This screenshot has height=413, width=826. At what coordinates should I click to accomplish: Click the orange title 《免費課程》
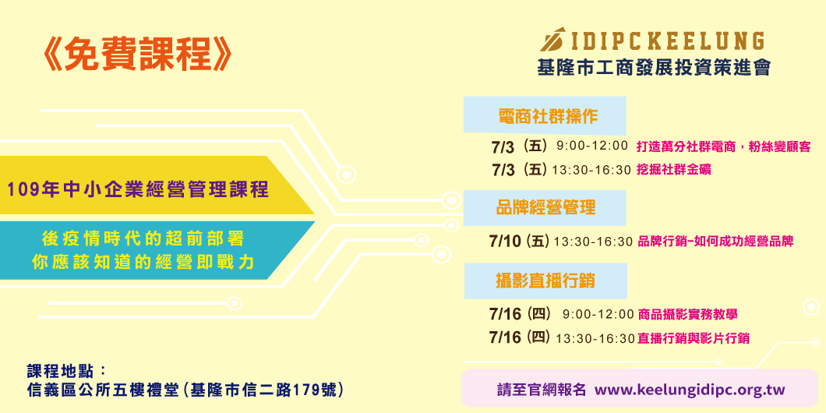(x=138, y=56)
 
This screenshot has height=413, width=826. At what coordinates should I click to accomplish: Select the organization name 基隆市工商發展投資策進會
(x=653, y=68)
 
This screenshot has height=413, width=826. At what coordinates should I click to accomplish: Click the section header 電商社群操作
(x=547, y=117)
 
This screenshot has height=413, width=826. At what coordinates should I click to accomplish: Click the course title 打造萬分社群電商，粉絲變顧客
(x=723, y=146)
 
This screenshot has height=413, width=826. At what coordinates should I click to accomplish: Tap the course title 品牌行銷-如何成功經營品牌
(x=715, y=242)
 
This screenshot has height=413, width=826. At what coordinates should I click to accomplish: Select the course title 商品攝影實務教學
(x=687, y=315)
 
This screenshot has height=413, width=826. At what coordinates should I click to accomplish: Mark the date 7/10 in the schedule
(x=504, y=241)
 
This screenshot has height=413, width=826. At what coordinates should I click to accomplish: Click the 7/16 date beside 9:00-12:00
(x=504, y=314)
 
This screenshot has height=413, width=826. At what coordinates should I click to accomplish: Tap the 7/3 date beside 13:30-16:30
(x=503, y=169)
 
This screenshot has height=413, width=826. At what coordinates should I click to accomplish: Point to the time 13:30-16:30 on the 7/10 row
(x=592, y=242)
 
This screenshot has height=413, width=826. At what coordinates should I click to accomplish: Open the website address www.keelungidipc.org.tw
(x=690, y=390)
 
